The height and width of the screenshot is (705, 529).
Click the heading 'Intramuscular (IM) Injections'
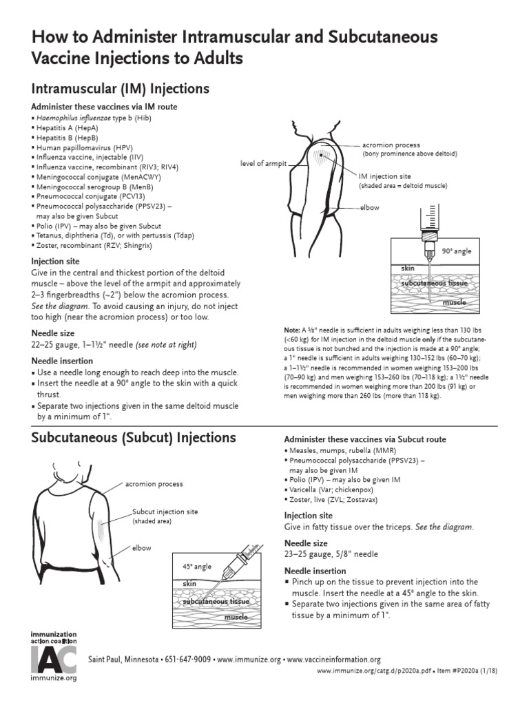pos(121,89)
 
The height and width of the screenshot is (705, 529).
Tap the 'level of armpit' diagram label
pos(262,164)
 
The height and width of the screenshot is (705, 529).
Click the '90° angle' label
pos(457,251)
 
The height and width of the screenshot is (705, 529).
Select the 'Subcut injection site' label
pos(165,512)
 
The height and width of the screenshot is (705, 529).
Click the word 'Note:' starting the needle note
pos(291,329)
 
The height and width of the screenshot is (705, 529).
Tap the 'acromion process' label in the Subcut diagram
pos(154,484)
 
